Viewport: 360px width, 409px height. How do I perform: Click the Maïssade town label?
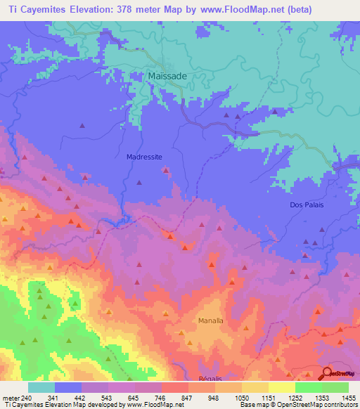coord(167,77)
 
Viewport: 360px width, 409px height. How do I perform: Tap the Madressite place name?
coord(144,157)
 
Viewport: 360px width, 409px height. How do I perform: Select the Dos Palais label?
coord(306,204)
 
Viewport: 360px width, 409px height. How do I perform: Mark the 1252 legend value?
coord(295,397)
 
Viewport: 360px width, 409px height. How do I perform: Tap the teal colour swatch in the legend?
coord(41,387)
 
